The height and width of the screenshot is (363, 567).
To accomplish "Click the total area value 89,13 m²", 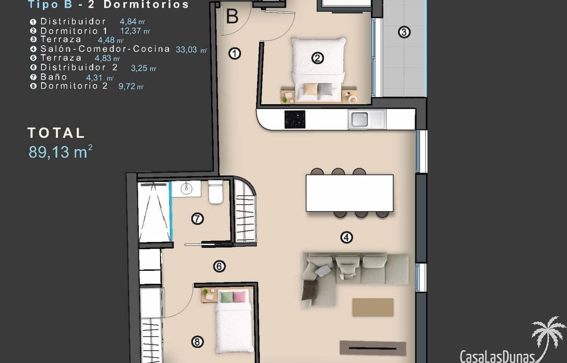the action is click(x=60, y=152).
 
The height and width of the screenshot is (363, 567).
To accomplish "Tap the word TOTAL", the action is click(x=56, y=133).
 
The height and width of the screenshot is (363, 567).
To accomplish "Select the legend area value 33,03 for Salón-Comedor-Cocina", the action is click(x=186, y=50).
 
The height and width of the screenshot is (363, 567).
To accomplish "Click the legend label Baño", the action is click(x=54, y=77).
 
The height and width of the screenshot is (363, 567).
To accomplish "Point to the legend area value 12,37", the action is click(x=130, y=31).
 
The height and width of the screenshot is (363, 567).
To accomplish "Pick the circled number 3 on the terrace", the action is click(x=404, y=32).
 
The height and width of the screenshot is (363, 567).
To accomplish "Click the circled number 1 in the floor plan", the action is click(x=234, y=54).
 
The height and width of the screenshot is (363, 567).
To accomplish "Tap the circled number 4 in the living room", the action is click(x=347, y=238).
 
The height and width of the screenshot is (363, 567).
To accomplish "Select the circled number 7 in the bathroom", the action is click(x=197, y=219).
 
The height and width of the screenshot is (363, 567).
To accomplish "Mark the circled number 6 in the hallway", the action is click(x=219, y=266).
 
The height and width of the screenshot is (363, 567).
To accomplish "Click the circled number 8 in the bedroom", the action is click(x=197, y=342).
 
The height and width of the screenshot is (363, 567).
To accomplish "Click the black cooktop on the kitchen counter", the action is click(x=295, y=119).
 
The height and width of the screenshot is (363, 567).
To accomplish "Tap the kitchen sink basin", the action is click(x=359, y=119).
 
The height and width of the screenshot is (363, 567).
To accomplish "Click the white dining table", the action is click(x=349, y=193).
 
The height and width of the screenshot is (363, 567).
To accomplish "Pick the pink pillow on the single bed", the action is click(x=239, y=297).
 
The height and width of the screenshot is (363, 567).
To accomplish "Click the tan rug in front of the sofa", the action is click(x=373, y=307).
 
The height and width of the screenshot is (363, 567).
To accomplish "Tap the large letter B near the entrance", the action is click(x=232, y=16).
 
